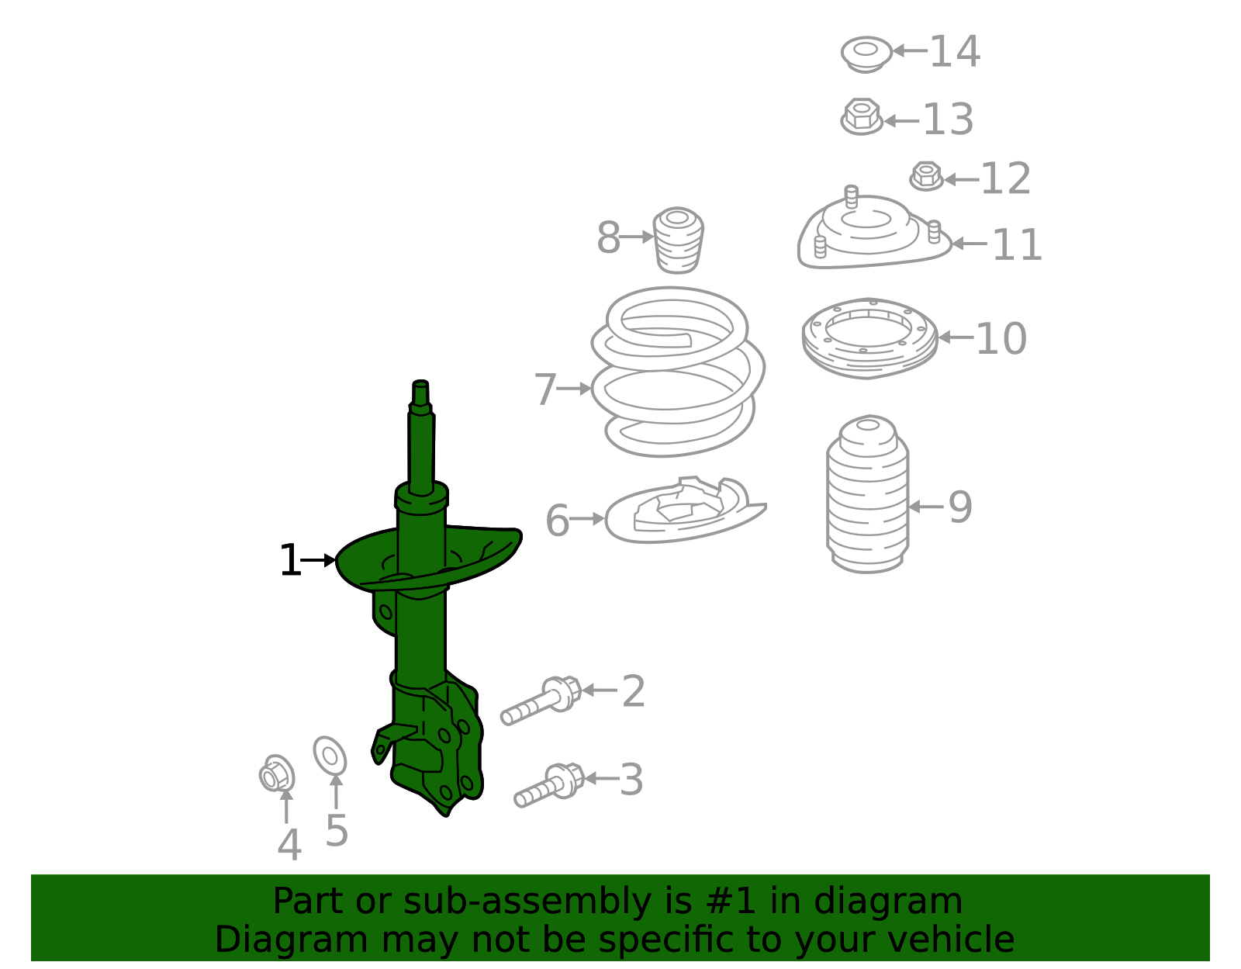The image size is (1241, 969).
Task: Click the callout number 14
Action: (955, 52)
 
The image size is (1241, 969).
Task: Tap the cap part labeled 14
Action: (866, 54)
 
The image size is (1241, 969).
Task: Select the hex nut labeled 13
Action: (861, 117)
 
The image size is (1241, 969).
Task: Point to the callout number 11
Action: (1016, 245)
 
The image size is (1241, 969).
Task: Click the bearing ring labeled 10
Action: (869, 338)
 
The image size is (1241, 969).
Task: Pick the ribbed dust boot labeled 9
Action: (867, 497)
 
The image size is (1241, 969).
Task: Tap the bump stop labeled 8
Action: (679, 240)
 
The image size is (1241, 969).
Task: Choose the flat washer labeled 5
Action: (330, 756)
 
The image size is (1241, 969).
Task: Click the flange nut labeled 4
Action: (277, 773)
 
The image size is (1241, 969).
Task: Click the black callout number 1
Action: (289, 560)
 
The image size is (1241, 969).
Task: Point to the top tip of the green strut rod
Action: (420, 384)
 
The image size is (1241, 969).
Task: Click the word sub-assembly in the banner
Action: (527, 902)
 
